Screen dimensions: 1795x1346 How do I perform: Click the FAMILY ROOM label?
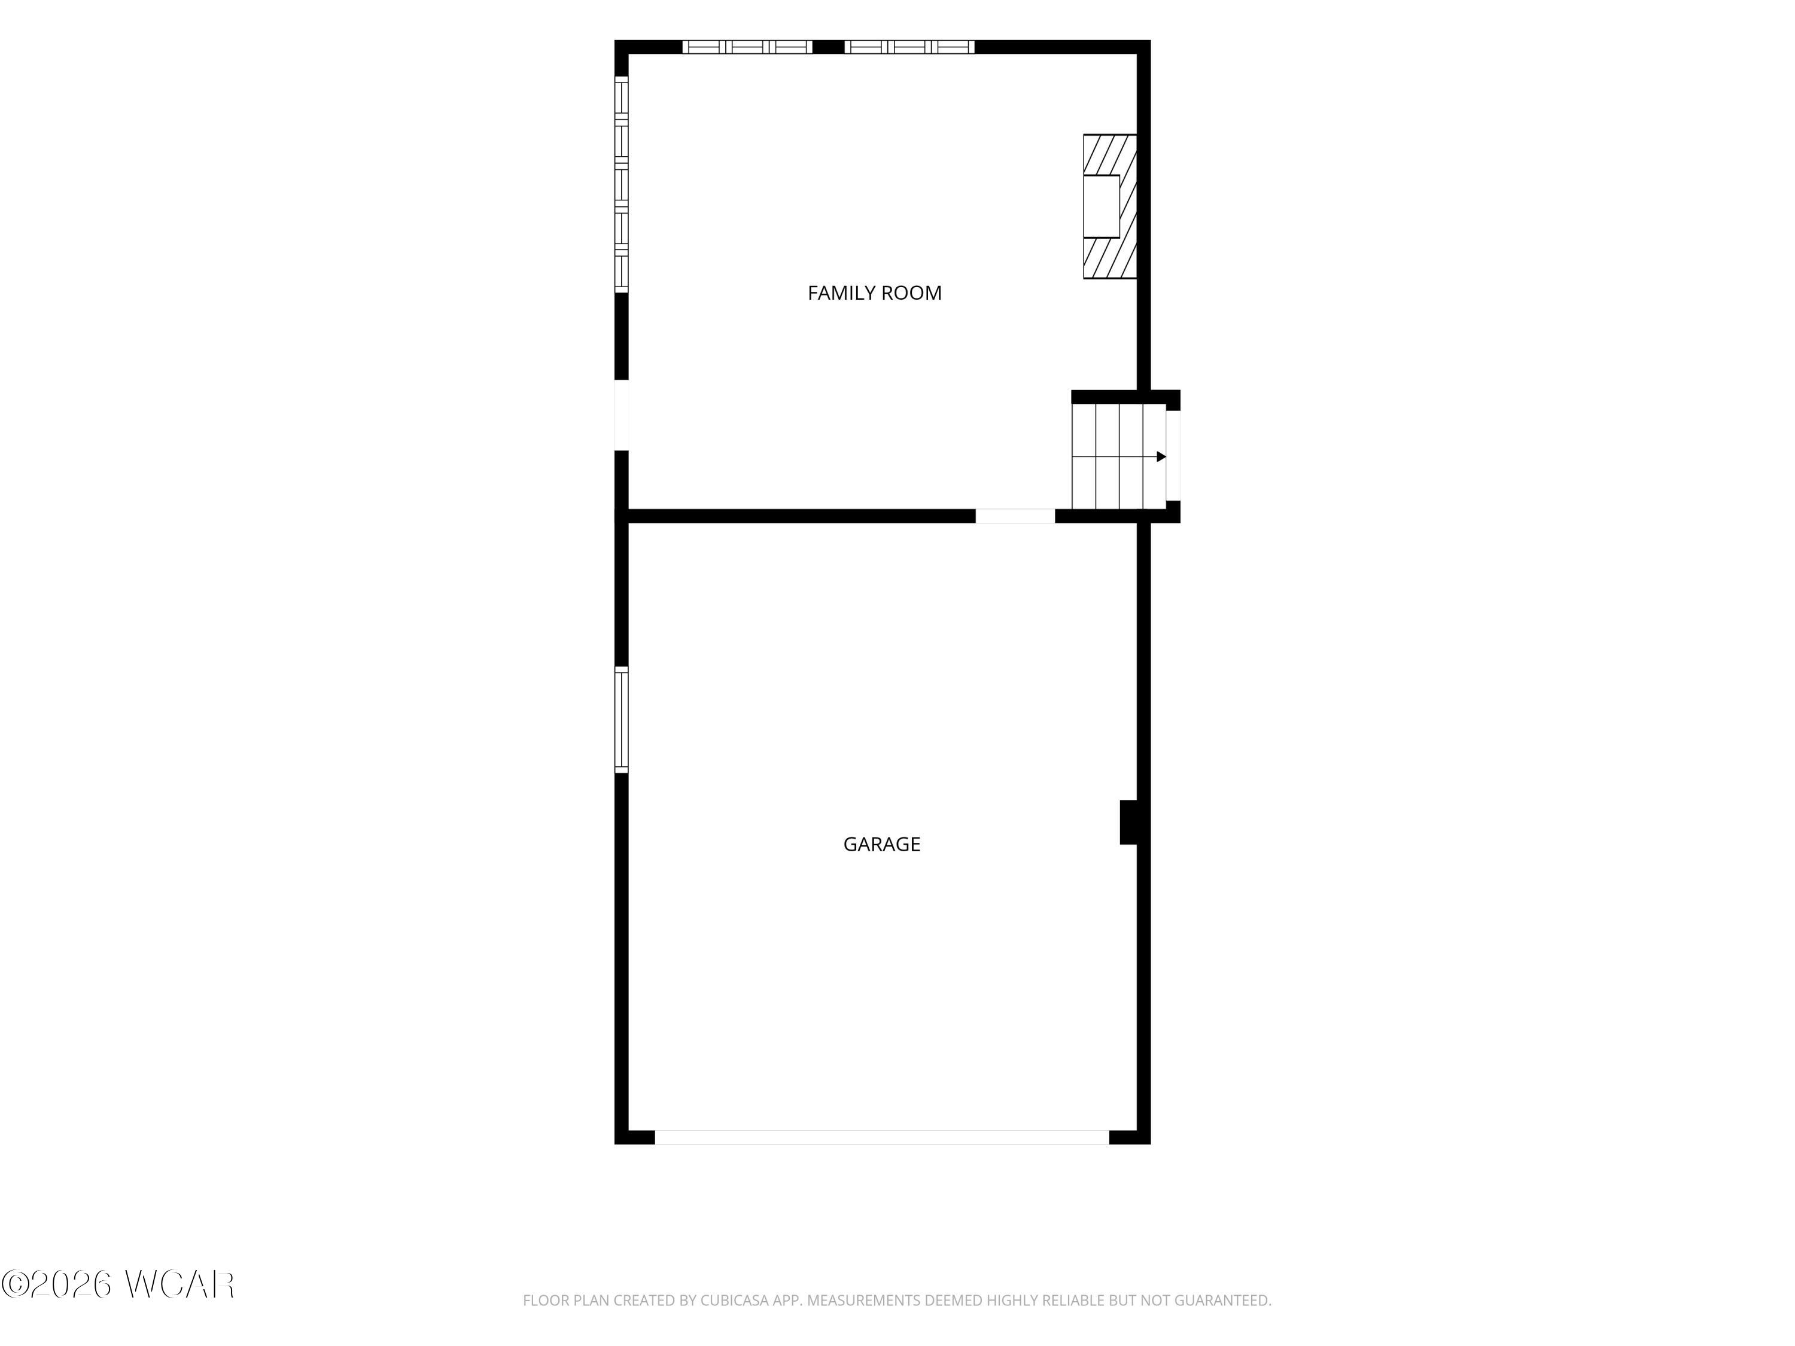874,293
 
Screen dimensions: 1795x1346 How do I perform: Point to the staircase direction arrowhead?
1161,457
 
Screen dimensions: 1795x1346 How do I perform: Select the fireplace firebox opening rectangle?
1101,206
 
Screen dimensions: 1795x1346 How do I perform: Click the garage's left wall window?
622,720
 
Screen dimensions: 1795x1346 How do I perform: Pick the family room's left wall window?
622,184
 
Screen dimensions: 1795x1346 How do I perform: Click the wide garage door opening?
881,1137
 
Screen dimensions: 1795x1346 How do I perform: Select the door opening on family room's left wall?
622,415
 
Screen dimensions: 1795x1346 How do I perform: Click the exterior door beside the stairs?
1173,455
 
